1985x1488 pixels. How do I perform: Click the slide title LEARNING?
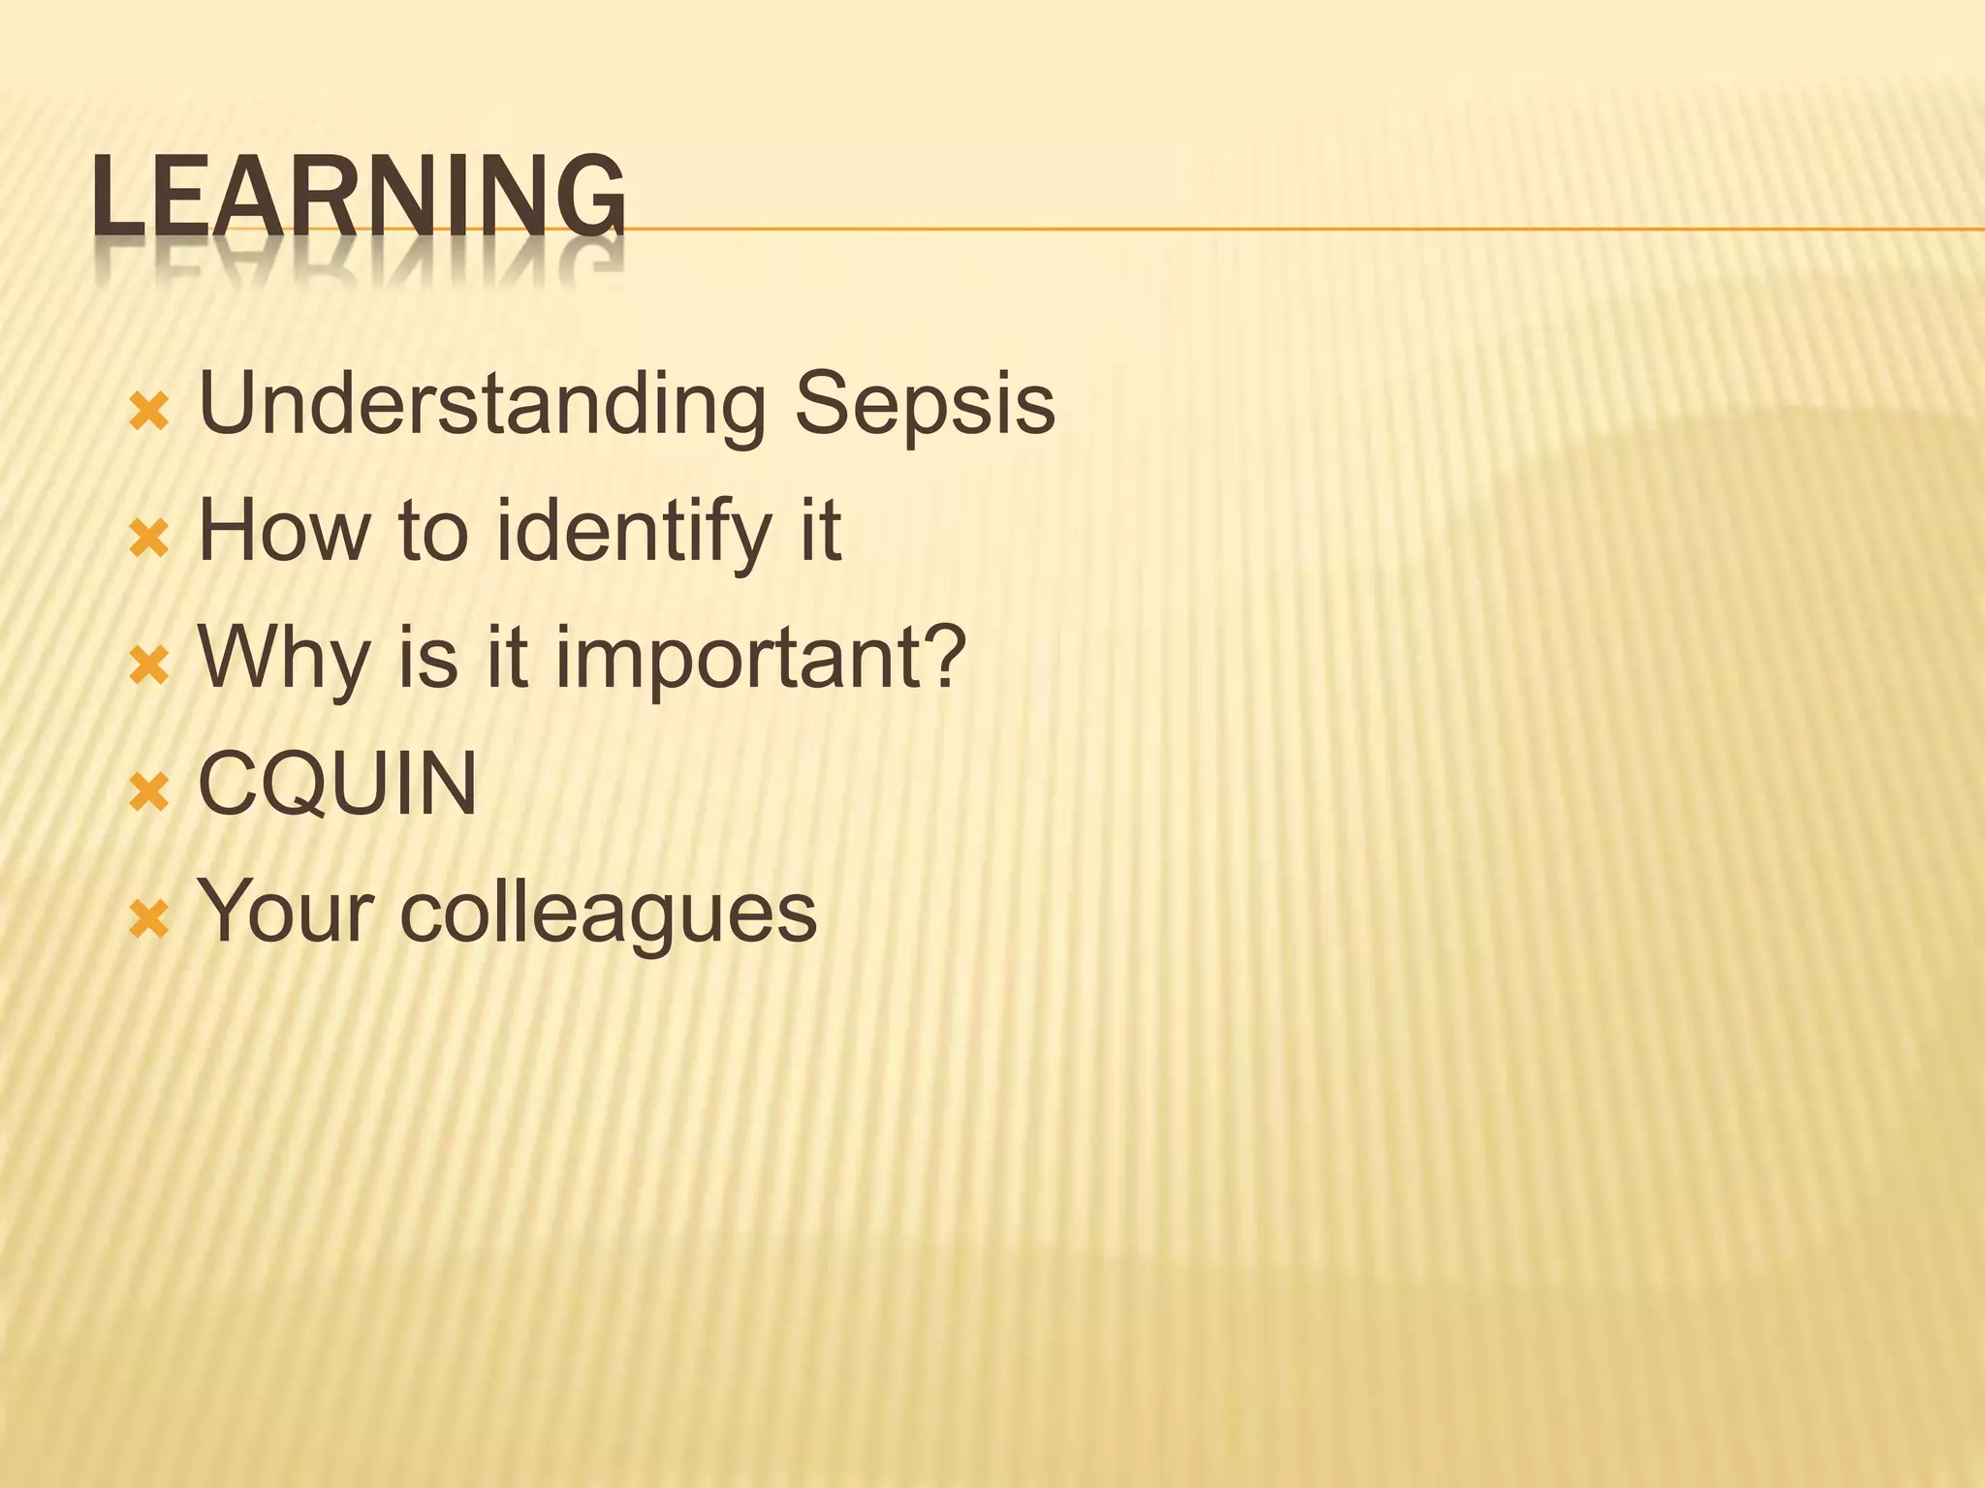click(359, 198)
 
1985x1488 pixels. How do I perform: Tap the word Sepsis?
click(925, 405)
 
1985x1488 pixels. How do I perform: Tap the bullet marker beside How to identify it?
click(149, 540)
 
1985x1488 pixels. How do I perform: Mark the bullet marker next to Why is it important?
click(149, 666)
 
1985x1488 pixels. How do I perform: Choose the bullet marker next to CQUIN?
click(149, 793)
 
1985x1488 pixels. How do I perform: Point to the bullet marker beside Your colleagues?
click(149, 920)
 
